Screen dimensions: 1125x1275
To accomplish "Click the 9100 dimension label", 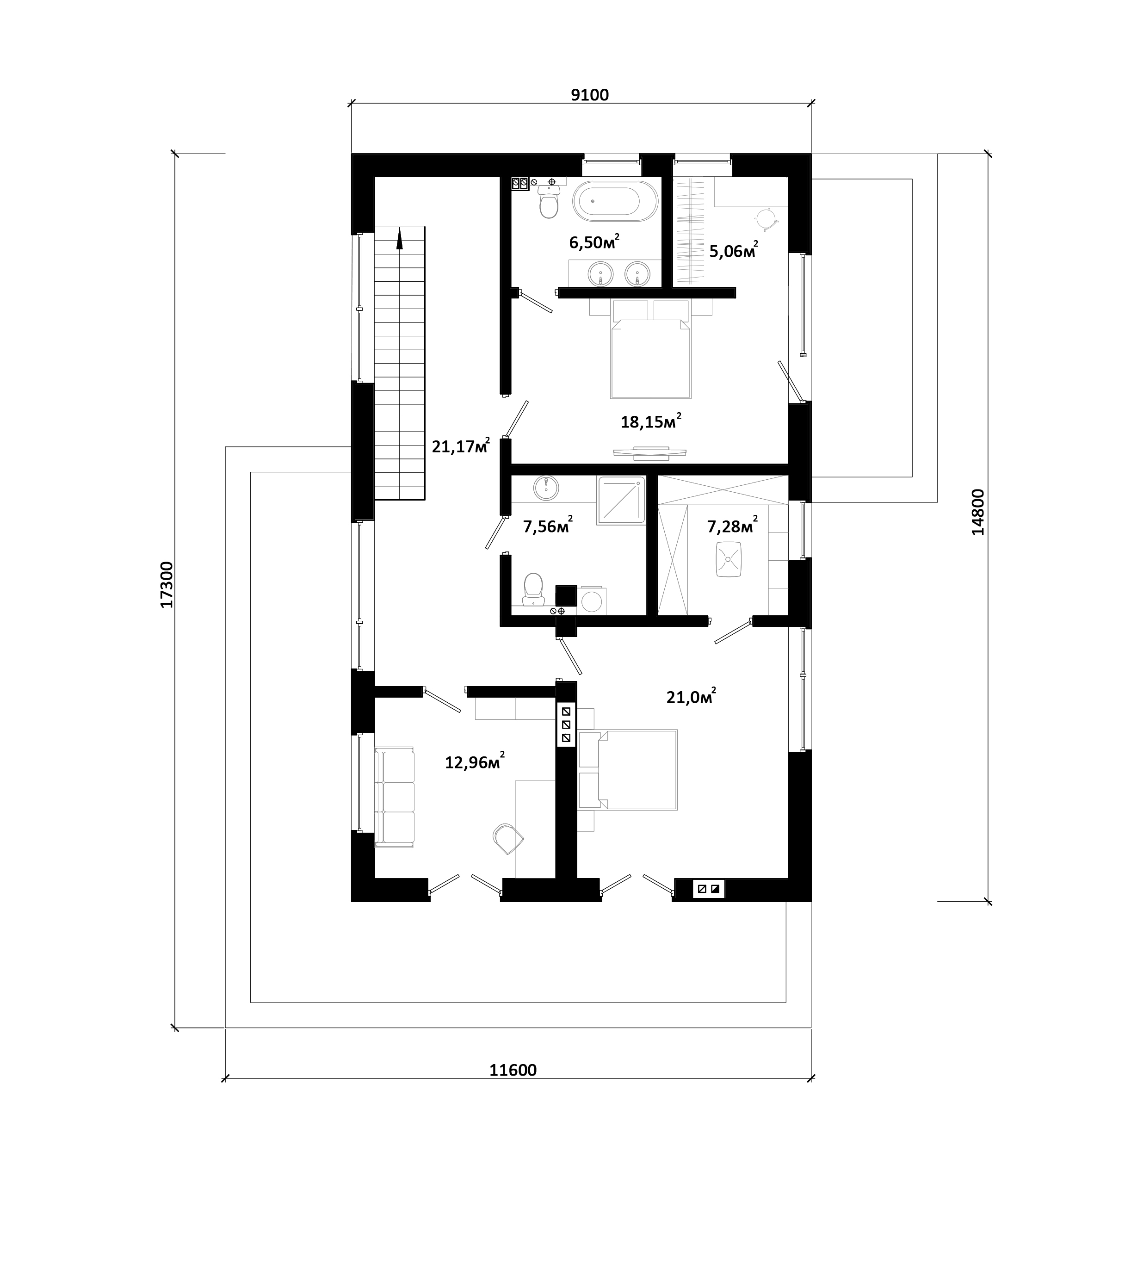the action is (589, 95).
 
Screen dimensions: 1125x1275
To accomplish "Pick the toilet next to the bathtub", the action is (549, 202).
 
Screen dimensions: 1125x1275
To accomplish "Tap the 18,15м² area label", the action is (650, 421).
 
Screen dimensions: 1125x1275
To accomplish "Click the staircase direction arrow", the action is (399, 238).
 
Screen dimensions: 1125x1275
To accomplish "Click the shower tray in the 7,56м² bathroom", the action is (621, 500).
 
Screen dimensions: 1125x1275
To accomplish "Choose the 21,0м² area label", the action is (691, 697).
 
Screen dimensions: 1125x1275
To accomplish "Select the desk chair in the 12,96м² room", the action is (507, 839).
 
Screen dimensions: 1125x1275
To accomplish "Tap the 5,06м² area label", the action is (733, 251).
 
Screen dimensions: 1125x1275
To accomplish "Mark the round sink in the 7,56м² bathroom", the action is (546, 488).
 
